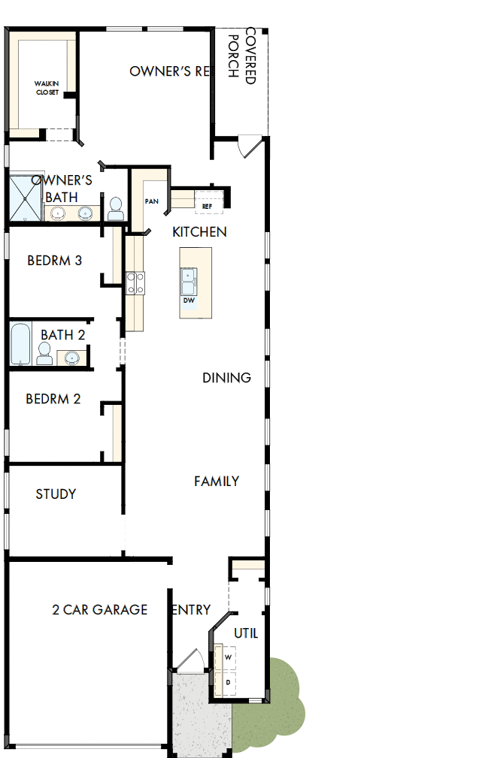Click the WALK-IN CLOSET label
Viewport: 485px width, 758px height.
pyautogui.click(x=47, y=87)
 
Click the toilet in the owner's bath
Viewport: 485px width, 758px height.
pyautogui.click(x=116, y=209)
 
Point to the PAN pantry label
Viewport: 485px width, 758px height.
pyautogui.click(x=151, y=201)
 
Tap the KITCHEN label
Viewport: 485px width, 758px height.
pyautogui.click(x=199, y=232)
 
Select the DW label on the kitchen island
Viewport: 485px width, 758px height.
pyautogui.click(x=188, y=300)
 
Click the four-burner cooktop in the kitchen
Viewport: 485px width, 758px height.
pyautogui.click(x=135, y=282)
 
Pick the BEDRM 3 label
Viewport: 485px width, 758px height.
pyautogui.click(x=54, y=261)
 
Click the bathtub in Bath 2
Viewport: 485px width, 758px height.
pyautogui.click(x=21, y=343)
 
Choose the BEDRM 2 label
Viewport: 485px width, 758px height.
pyautogui.click(x=53, y=399)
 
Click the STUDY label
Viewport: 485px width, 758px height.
pyautogui.click(x=56, y=494)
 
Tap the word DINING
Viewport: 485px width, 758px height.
pyautogui.click(x=226, y=378)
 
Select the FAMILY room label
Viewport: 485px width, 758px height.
pyautogui.click(x=217, y=481)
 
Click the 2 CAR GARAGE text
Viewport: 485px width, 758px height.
pyautogui.click(x=99, y=609)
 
